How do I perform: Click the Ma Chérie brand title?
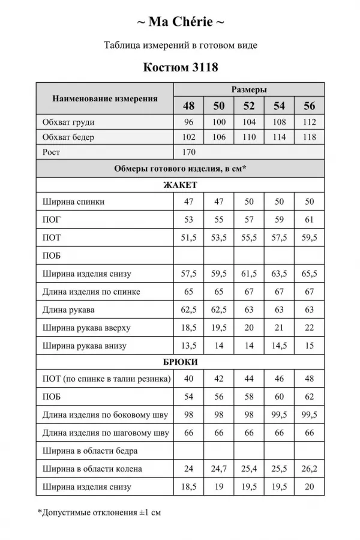pos(180,23)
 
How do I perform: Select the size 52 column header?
pos(249,106)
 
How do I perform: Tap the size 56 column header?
pos(309,106)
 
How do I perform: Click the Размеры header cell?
pos(249,89)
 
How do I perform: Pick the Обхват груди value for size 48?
pos(189,122)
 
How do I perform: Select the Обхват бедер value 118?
pos(309,137)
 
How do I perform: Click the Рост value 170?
pos(189,152)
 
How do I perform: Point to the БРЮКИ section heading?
pos(180,362)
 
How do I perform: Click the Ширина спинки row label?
pos(74,202)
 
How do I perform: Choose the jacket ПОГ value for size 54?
pos(279,220)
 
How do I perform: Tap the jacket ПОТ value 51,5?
pos(189,238)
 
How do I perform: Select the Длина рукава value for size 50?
pos(219,310)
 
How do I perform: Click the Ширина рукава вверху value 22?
pos(309,328)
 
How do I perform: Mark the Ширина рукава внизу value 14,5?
pos(279,346)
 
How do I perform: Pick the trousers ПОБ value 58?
pos(249,397)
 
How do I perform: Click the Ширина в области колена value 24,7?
pos(219,469)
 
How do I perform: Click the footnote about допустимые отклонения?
pos(99,512)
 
